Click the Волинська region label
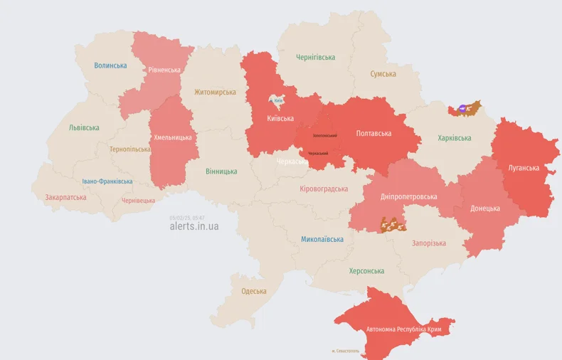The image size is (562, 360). click(110, 65)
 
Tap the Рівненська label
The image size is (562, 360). click(164, 70)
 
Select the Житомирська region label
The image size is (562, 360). click(215, 92)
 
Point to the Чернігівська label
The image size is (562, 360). click(315, 57)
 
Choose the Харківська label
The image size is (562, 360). click(454, 138)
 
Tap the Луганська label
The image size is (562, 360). click(523, 168)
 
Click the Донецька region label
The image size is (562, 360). click(485, 208)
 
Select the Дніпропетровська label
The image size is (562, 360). click(409, 196)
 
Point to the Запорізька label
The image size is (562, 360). click(429, 243)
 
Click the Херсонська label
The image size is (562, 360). click(366, 271)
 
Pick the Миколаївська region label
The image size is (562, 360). click(322, 240)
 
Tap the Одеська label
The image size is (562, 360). click(254, 291)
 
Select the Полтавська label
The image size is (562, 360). click(373, 133)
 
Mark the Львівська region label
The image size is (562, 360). click(84, 128)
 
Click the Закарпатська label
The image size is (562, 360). click(65, 197)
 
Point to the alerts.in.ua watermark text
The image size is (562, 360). click(194, 226)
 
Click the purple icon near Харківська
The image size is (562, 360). click(463, 109)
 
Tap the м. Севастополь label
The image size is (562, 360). click(345, 351)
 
